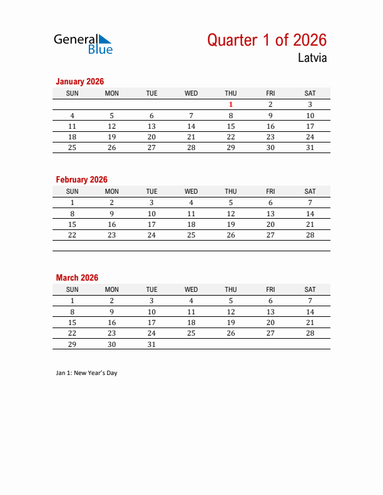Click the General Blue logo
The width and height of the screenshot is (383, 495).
83,44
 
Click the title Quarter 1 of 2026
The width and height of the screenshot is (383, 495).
267,40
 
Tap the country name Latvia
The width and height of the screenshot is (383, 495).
312,59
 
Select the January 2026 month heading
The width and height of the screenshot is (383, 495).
79,81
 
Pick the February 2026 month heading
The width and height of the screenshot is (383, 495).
81,179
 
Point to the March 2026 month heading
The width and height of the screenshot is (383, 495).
77,277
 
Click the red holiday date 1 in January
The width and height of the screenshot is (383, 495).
231,105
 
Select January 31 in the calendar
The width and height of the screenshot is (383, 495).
310,147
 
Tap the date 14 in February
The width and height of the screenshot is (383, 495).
310,214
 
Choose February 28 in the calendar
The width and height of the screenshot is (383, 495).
310,235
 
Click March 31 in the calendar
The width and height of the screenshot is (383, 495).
151,344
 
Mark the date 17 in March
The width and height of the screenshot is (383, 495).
151,322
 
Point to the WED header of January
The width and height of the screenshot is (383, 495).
191,94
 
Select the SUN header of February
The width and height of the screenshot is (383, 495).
73,192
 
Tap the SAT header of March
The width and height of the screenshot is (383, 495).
310,290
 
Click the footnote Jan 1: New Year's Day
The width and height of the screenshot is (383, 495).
86,373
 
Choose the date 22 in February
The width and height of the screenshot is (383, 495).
73,235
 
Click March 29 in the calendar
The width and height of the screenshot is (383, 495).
73,344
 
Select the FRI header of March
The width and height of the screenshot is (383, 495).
270,290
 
